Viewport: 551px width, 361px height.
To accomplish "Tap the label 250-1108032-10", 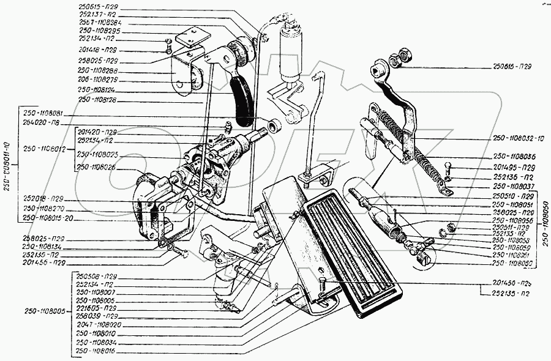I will [x=518, y=139].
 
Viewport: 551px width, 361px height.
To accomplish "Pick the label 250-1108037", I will [x=513, y=187].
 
